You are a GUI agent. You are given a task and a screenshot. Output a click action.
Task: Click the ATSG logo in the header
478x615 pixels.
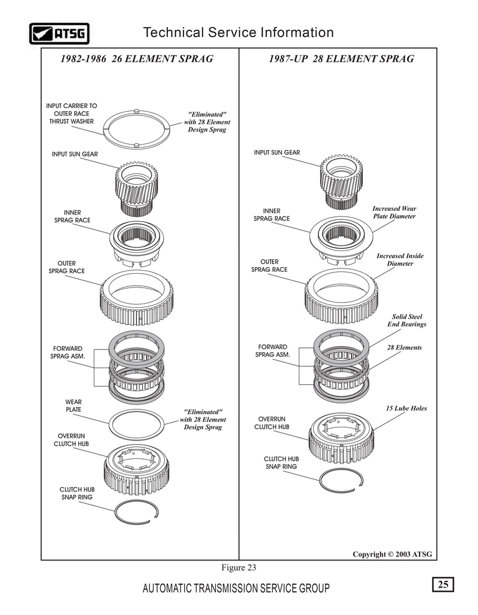coord(59,33)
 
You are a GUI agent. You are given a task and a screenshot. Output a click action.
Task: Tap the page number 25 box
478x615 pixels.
coord(443,585)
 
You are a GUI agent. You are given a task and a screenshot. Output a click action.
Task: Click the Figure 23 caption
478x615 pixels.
coord(239,568)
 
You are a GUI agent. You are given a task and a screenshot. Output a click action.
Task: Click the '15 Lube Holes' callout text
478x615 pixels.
coord(406,408)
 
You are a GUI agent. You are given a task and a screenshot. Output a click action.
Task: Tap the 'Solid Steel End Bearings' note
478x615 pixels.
coord(407,320)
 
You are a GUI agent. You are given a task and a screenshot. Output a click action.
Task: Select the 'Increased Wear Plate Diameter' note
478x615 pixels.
coord(394,212)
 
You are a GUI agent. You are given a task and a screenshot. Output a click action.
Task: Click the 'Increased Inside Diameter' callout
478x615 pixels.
coord(400,259)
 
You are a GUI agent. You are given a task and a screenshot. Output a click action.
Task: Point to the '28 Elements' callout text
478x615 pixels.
coord(405,347)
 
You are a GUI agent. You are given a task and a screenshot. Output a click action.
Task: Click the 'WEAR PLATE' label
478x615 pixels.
coord(73,406)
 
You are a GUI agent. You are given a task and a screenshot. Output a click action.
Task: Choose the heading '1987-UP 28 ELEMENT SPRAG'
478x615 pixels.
coord(341,59)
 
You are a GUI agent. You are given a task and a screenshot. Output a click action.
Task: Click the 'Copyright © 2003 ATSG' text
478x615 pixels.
coord(392,554)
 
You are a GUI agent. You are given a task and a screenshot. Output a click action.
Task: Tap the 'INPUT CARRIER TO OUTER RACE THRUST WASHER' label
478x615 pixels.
coord(71,114)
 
